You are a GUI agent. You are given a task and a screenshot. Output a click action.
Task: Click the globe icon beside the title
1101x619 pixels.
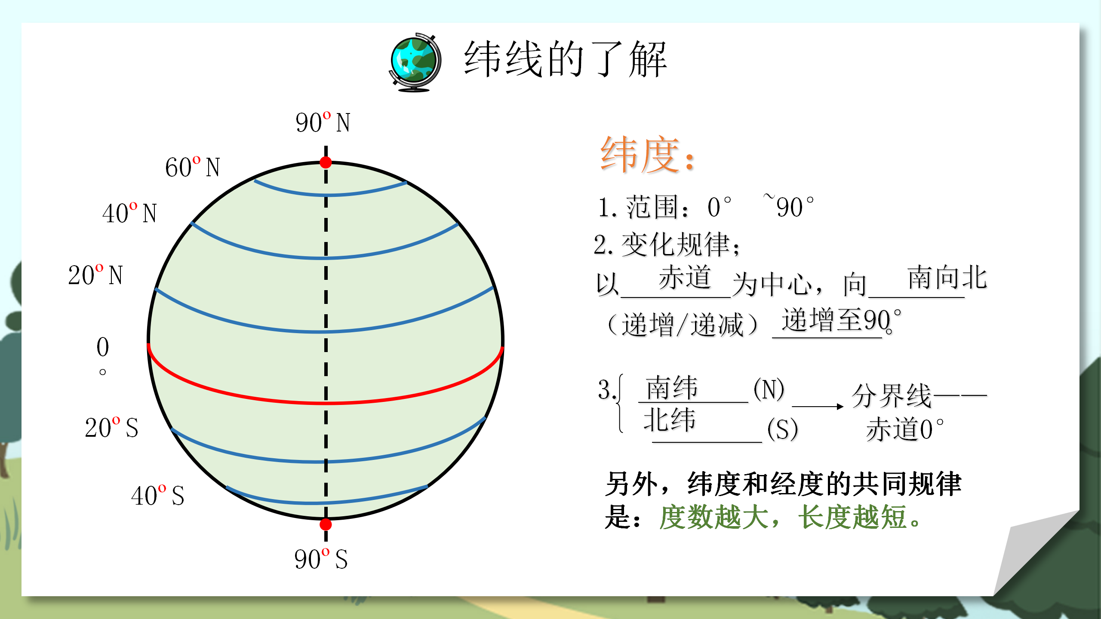[x=415, y=62]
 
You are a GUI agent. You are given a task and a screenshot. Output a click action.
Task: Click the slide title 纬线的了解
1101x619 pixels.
[x=565, y=59]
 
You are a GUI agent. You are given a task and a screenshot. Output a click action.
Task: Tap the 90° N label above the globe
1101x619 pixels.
[x=323, y=123]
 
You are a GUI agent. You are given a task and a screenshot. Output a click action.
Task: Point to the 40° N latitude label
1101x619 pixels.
[x=129, y=213]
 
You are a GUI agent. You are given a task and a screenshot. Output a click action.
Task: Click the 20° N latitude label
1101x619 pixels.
[x=95, y=275]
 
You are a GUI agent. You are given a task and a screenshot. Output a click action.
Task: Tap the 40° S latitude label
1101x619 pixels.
[x=157, y=495]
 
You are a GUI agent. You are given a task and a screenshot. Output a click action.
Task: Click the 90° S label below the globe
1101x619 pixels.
[x=321, y=559]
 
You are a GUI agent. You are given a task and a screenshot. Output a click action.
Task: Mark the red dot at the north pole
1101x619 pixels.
[x=326, y=162]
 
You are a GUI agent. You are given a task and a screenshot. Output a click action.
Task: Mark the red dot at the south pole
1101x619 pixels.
[x=326, y=524]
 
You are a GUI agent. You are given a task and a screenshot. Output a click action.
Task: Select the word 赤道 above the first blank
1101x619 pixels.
[x=684, y=278]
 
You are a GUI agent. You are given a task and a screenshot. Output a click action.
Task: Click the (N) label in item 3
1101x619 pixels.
[x=769, y=389]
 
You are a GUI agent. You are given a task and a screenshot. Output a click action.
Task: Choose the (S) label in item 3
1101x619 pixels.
[x=782, y=429]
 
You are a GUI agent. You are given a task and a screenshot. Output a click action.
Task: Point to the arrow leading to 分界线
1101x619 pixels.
[x=817, y=406]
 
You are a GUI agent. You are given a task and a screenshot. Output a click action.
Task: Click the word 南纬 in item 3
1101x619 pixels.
[x=671, y=388]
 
